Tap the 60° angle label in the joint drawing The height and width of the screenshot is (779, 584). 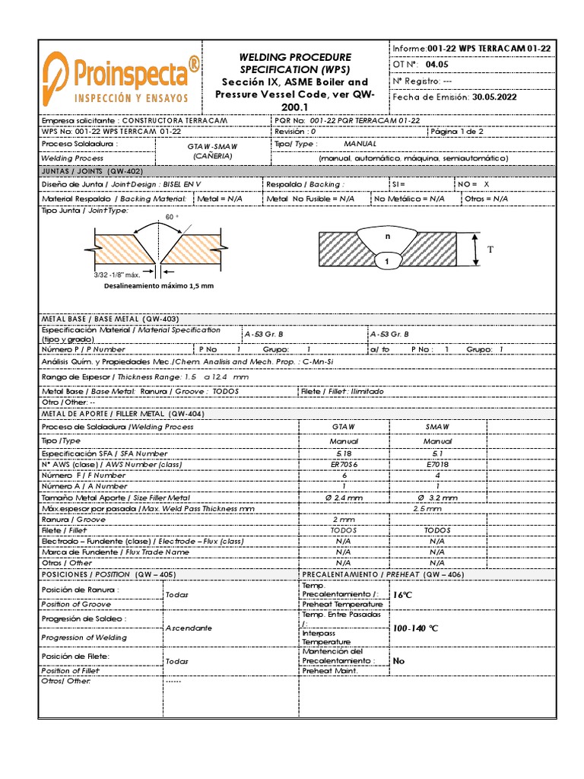click(172, 217)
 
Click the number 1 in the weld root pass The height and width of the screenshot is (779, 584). click(386, 262)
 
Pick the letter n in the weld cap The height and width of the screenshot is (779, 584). click(387, 236)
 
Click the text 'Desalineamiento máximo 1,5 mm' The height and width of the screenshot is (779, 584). click(159, 286)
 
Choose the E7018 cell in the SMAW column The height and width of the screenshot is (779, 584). click(437, 463)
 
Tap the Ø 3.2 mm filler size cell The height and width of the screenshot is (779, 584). click(437, 497)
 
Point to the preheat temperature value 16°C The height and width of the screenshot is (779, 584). click(402, 594)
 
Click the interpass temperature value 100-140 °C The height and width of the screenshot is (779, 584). click(415, 628)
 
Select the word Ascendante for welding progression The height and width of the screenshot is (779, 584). click(189, 628)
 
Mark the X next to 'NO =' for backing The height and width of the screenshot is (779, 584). click(487, 184)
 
